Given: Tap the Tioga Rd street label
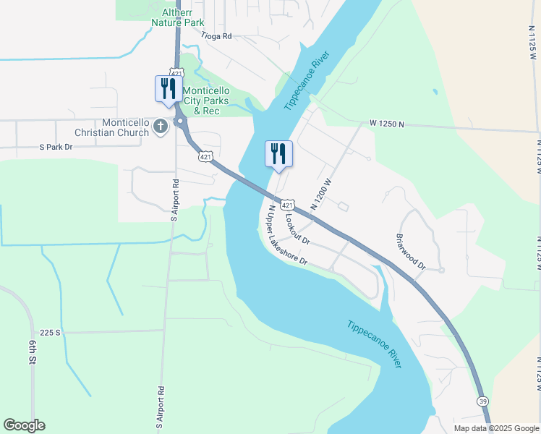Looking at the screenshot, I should point(216,35).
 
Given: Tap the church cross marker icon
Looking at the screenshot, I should point(161,127).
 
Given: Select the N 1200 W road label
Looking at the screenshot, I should point(321,194).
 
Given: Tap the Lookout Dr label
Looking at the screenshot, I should point(297,228).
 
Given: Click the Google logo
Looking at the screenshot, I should point(24,425).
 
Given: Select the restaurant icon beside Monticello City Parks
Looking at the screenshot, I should point(169,90).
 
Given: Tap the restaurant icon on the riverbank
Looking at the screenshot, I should point(278,154).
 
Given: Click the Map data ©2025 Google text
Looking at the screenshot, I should point(496,428).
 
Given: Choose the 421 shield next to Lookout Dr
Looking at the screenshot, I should point(288,205).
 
